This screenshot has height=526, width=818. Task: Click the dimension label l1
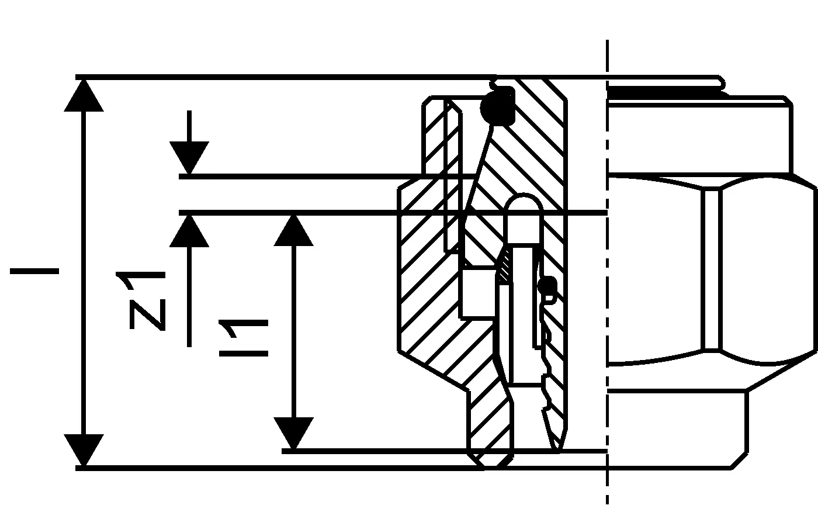point(244,338)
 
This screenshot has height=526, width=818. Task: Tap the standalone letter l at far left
point(34,271)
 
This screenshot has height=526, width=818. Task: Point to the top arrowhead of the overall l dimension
point(84,96)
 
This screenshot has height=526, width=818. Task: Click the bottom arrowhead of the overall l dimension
point(84,450)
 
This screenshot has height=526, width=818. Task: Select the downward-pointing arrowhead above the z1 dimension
point(189,158)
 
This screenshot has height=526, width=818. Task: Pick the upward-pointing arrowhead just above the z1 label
point(189,231)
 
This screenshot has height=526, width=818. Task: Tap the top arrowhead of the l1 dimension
point(293,230)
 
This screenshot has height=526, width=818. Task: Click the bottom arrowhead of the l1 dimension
point(293,433)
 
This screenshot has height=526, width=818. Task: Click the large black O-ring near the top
point(498,106)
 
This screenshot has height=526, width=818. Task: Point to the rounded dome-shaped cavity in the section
point(523,219)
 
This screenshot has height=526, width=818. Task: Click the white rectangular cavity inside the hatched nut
point(479,293)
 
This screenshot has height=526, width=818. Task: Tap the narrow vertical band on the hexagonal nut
point(712,269)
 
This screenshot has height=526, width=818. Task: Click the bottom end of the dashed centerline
point(607,504)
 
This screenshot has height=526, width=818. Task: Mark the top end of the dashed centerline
point(607,40)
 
